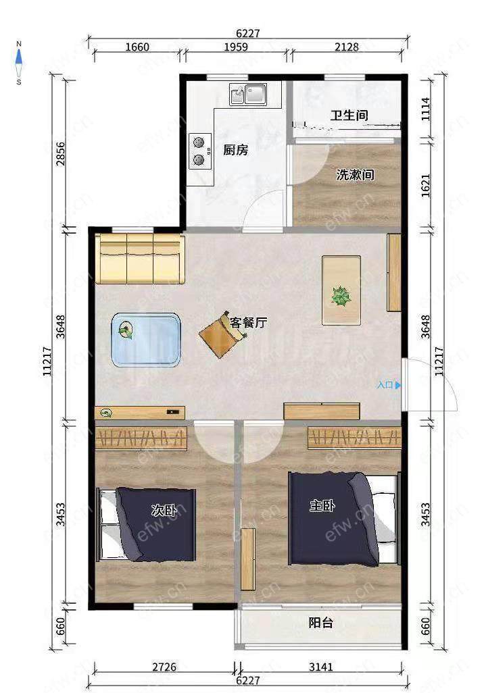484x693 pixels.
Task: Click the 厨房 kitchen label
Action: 235,150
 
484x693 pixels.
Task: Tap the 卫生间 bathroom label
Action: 349,115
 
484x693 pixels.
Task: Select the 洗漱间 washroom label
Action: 355,174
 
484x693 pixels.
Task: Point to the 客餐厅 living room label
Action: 248,323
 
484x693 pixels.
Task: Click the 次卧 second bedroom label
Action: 164,511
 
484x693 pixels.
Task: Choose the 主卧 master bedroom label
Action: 322,506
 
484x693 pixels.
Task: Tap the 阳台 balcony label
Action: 320,623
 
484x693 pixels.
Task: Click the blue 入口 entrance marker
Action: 389,385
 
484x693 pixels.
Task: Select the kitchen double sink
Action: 248,94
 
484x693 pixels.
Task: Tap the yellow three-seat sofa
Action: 140,259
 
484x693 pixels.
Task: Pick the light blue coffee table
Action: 146,340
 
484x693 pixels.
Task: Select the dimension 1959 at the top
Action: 236,47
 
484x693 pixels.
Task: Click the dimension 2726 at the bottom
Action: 164,667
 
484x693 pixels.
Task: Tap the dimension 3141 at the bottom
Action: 320,667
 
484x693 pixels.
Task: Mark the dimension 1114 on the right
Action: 425,109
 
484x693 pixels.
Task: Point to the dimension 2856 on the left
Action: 60,154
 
